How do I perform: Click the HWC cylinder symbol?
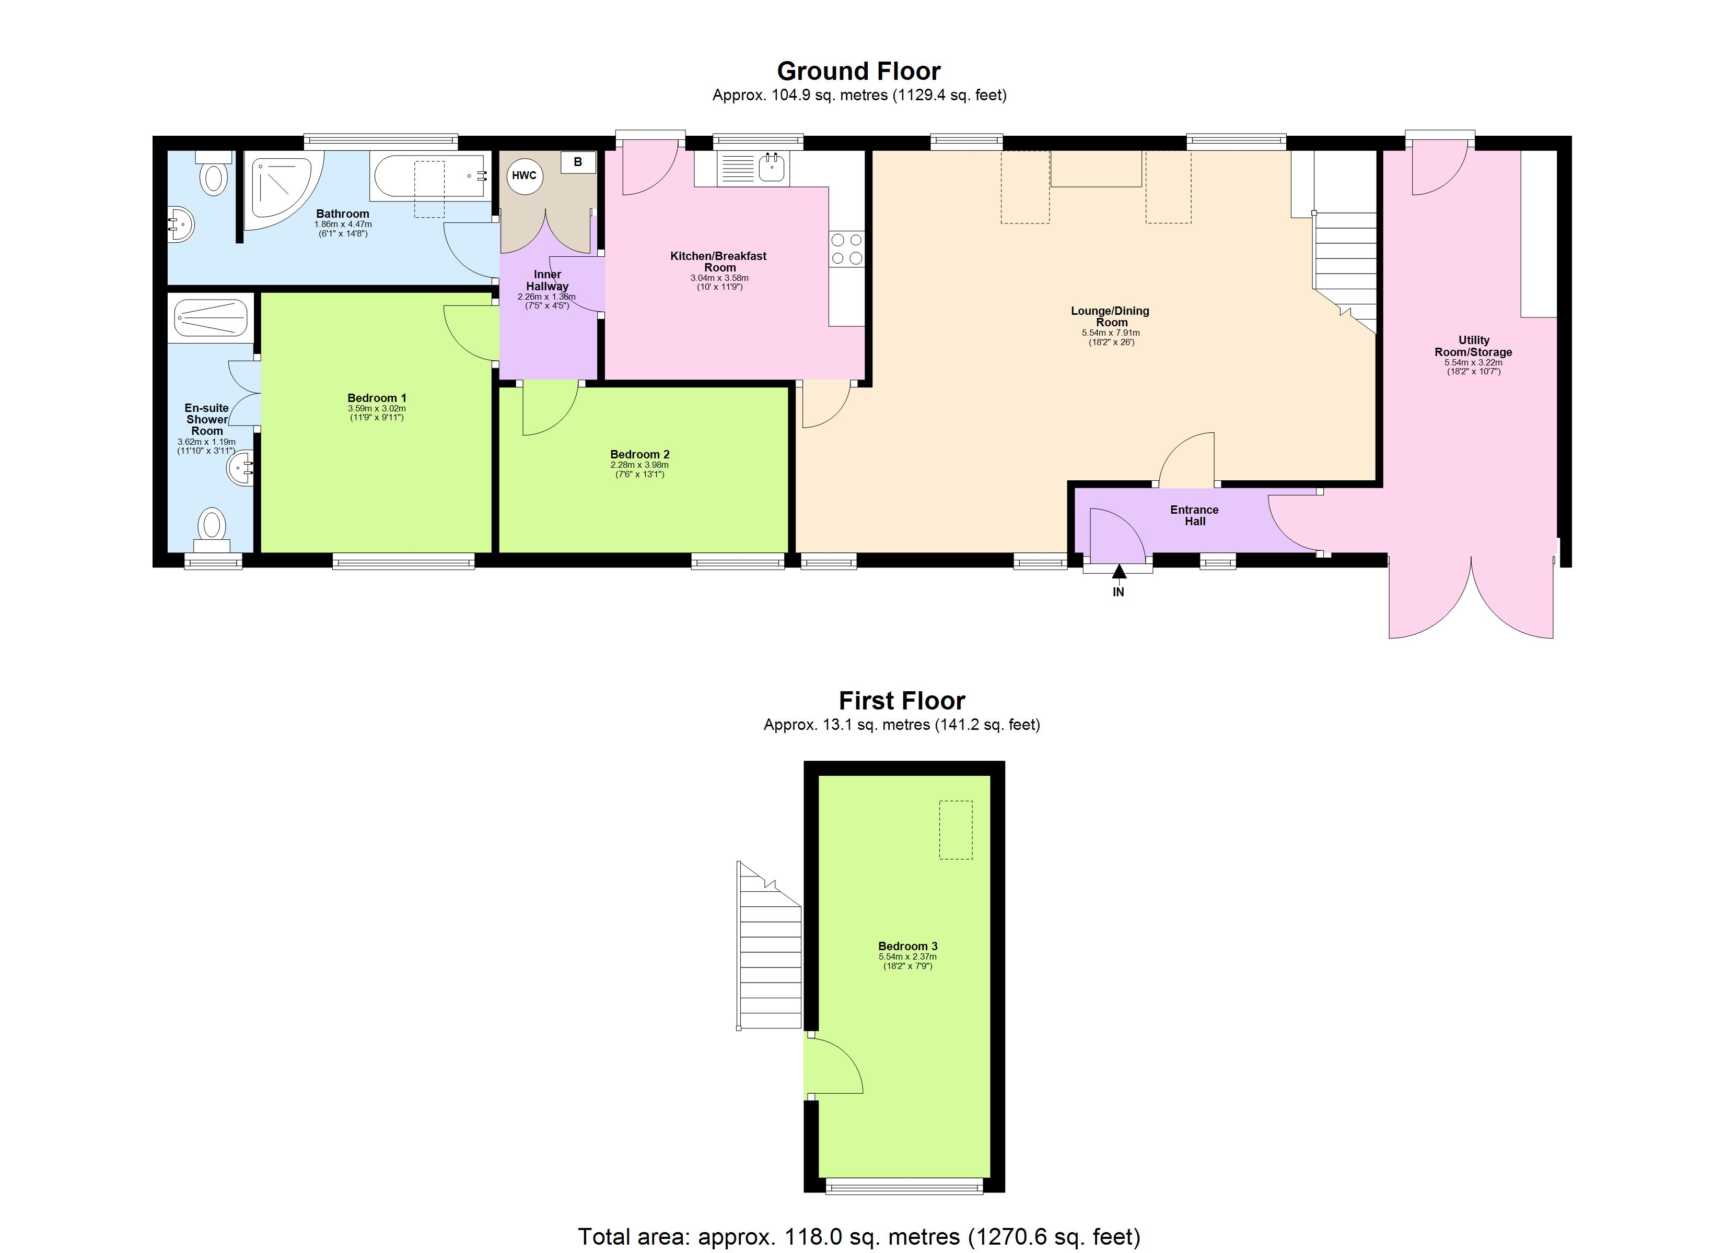click(x=524, y=175)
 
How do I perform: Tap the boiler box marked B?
click(x=578, y=162)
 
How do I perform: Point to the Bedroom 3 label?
click(x=907, y=946)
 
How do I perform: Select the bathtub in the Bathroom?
click(x=429, y=176)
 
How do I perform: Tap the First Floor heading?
click(x=902, y=701)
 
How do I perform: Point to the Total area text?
click(x=859, y=1236)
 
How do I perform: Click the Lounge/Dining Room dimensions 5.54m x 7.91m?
click(x=1111, y=333)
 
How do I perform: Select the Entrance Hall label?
click(x=1194, y=515)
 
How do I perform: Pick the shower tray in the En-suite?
click(x=211, y=317)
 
